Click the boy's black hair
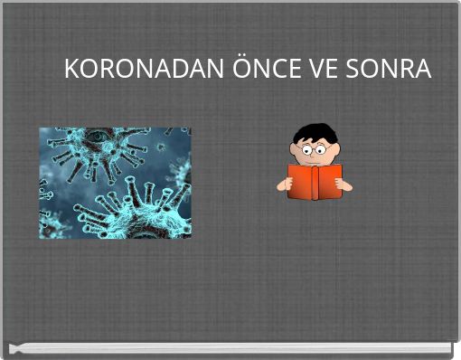pos(315,132)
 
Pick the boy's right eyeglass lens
pos(322,148)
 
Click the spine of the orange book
pos(315,182)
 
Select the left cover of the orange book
pos(301,180)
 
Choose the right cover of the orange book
pos(327,180)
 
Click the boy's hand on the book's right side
pos(344,185)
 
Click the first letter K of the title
pos(71,69)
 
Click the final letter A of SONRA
pos(422,69)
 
